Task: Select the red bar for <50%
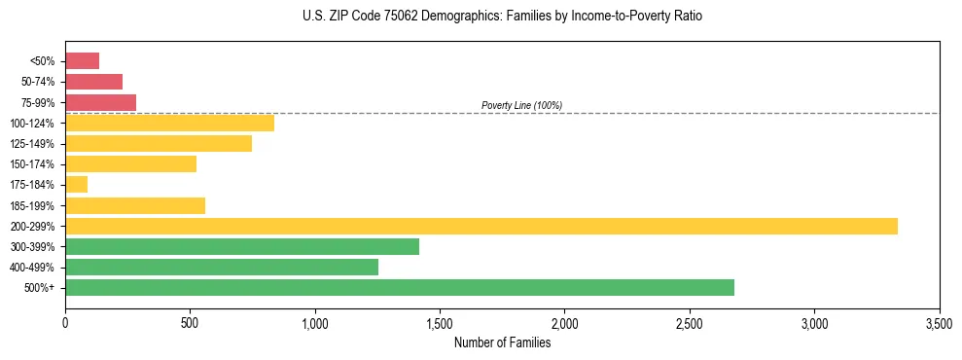(82, 61)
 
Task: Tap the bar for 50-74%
(93, 82)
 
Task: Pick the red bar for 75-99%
(100, 102)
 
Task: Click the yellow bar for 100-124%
(169, 123)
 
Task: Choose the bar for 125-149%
(159, 143)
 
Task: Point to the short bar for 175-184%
(76, 184)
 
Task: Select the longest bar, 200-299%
(481, 226)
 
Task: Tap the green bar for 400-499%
(222, 267)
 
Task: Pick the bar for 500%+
(400, 287)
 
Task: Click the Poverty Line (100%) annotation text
(521, 105)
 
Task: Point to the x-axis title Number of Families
(502, 342)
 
